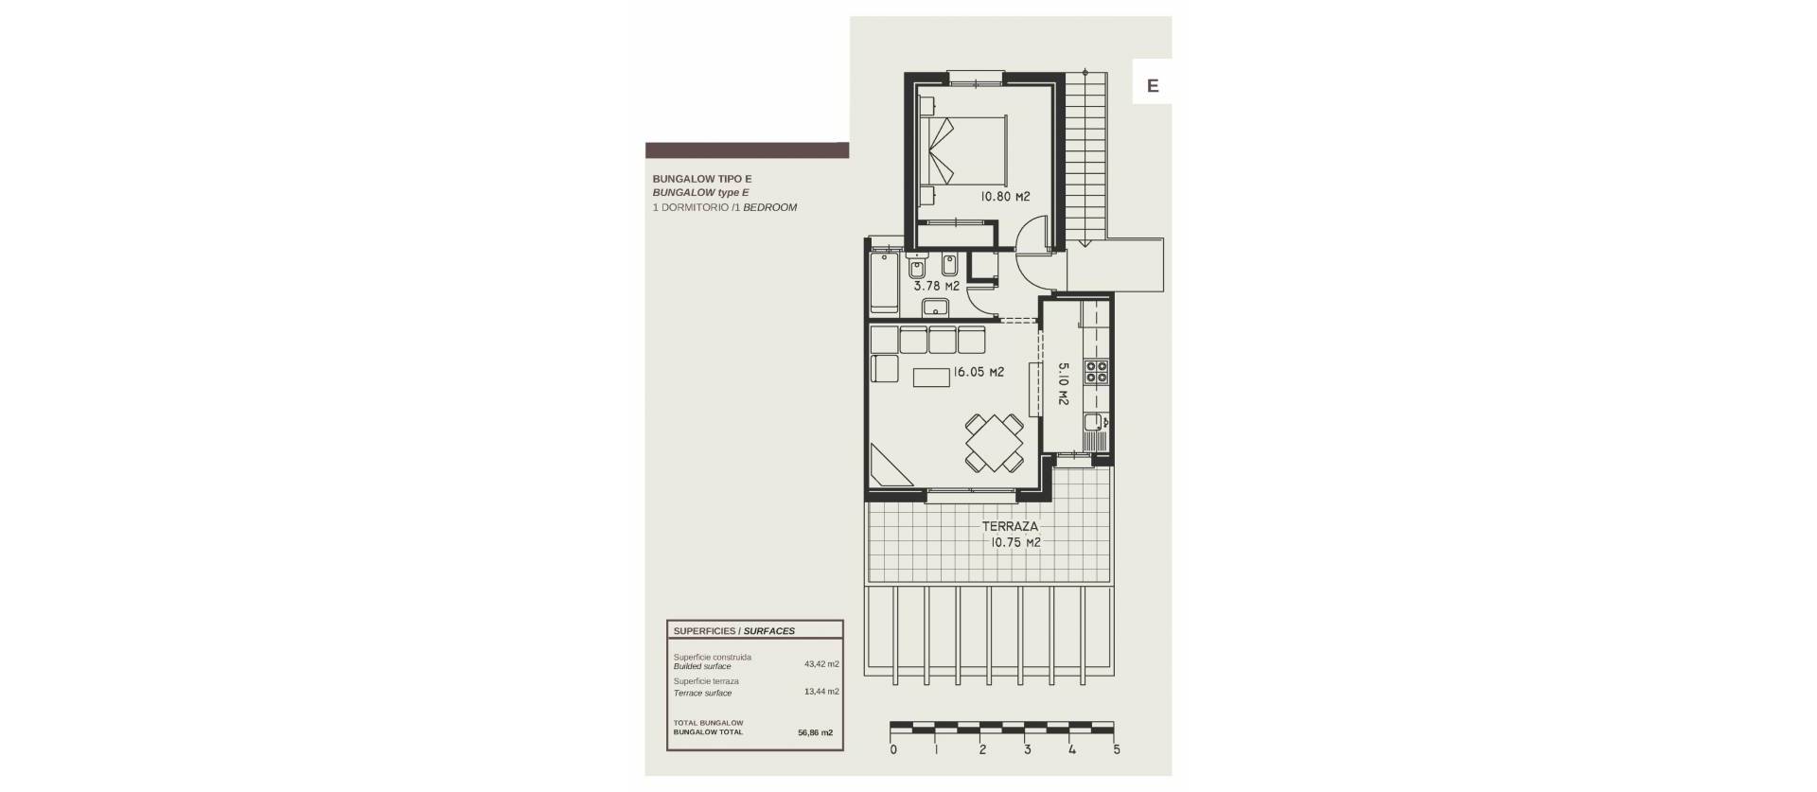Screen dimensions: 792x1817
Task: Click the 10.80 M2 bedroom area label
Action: click(x=1005, y=197)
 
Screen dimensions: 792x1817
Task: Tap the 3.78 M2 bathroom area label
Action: click(x=936, y=286)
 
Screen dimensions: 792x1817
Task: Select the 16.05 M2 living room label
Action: click(x=979, y=373)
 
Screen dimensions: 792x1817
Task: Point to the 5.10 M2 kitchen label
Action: click(x=1063, y=384)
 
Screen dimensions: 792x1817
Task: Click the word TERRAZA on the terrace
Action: click(x=1010, y=527)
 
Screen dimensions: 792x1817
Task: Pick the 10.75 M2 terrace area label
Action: click(x=1015, y=543)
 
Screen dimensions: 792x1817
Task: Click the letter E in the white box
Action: click(x=1153, y=85)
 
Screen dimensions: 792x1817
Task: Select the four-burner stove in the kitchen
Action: click(x=1097, y=372)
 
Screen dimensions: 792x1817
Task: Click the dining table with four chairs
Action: click(x=994, y=443)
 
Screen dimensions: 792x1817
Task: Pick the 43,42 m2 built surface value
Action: click(x=821, y=664)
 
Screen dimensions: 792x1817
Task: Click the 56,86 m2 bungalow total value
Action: click(x=815, y=732)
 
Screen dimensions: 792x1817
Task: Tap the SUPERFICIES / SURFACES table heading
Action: click(x=733, y=631)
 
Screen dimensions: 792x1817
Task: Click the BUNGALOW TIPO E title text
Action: click(x=701, y=179)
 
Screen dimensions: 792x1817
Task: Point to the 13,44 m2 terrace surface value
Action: click(x=821, y=692)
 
